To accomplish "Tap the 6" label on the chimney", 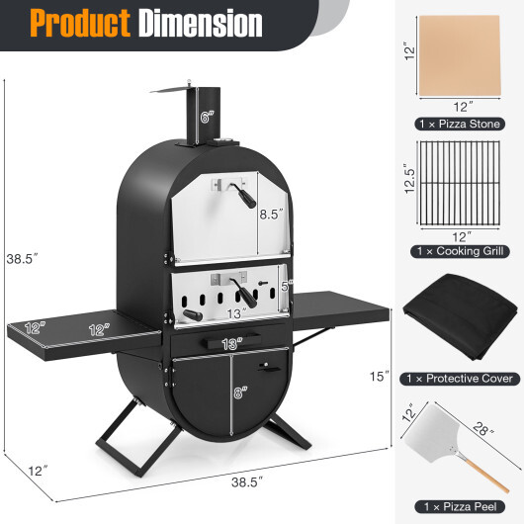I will tap(207, 117).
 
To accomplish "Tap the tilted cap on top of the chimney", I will tap(169, 90).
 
